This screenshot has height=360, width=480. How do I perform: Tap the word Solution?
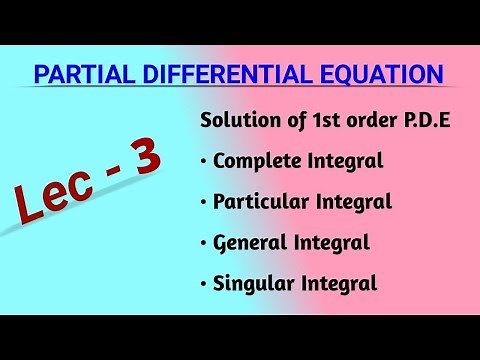236,121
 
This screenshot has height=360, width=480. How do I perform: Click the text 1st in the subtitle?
307,121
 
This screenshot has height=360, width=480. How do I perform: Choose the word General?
247,242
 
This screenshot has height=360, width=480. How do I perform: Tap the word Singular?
251,283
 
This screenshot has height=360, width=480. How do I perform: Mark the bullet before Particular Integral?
204,202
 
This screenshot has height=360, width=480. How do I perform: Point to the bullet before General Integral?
204,243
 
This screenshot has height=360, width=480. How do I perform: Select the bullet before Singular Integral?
204,284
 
